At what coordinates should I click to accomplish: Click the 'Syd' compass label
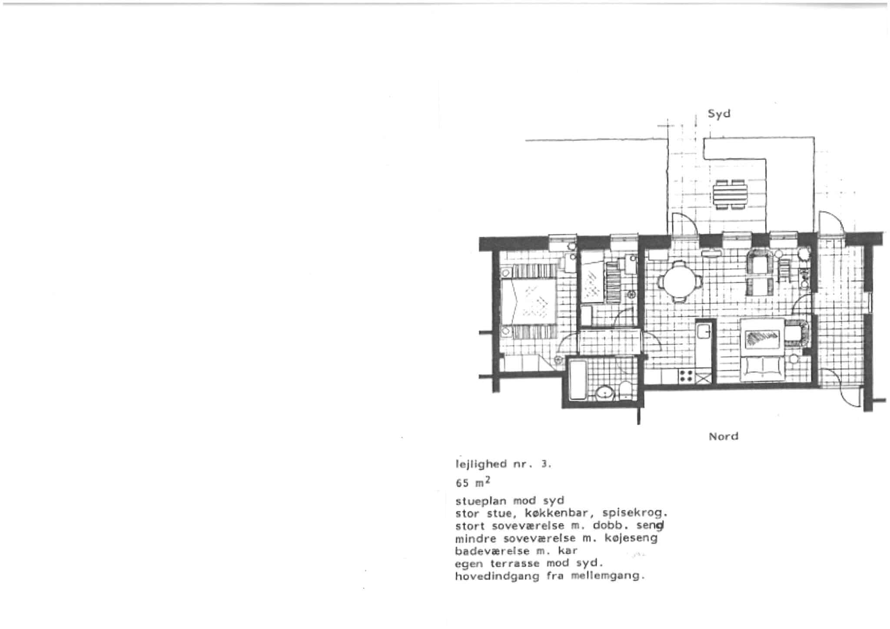(719, 114)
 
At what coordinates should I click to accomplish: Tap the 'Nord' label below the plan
(724, 436)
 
